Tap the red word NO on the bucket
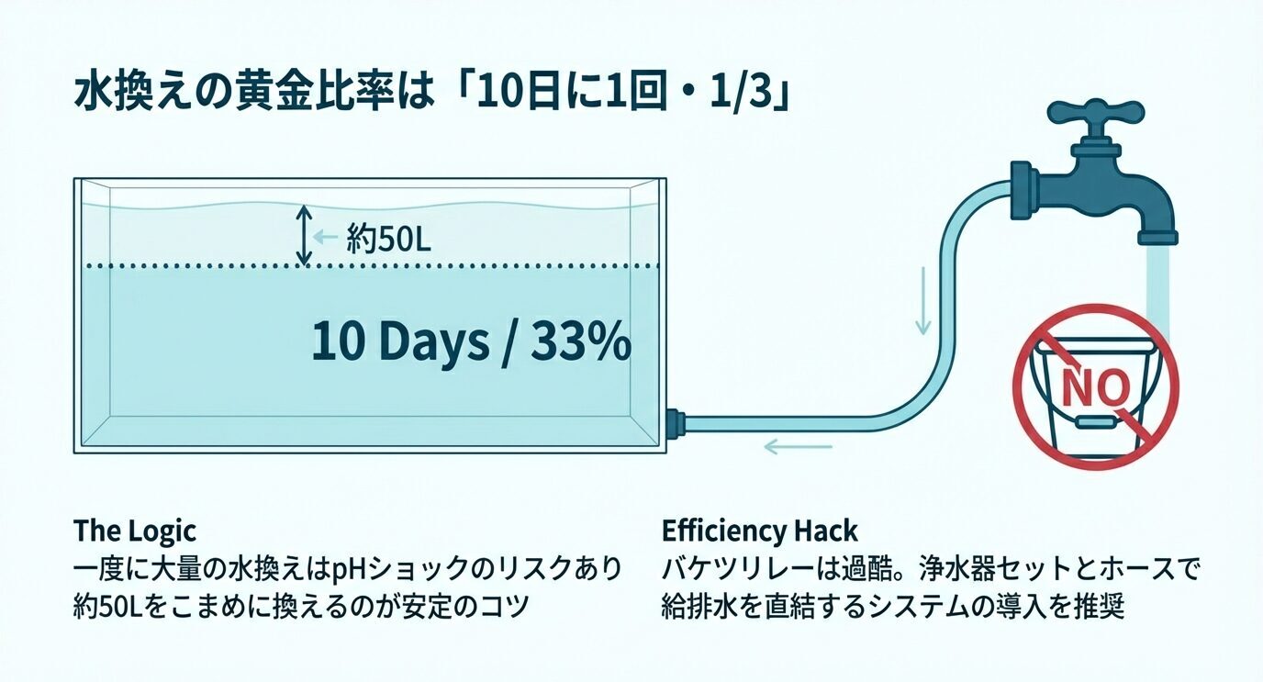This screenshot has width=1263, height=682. [1094, 386]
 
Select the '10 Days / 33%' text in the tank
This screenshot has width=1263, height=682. [470, 343]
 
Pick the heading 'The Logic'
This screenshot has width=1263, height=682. [135, 531]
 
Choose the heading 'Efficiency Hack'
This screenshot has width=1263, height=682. [759, 531]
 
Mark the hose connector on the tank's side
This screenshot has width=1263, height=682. [675, 423]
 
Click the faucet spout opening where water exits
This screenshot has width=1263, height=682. [1157, 239]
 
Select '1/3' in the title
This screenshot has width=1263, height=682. [744, 96]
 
